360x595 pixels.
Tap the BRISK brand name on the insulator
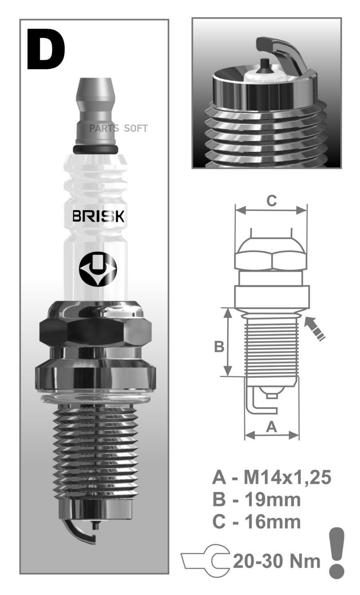[98, 216]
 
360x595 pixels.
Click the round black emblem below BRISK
[98, 269]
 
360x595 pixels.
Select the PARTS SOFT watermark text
[118, 128]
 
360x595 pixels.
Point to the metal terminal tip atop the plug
[96, 112]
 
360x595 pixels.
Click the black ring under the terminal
[96, 150]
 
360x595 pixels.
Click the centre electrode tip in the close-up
[265, 66]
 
